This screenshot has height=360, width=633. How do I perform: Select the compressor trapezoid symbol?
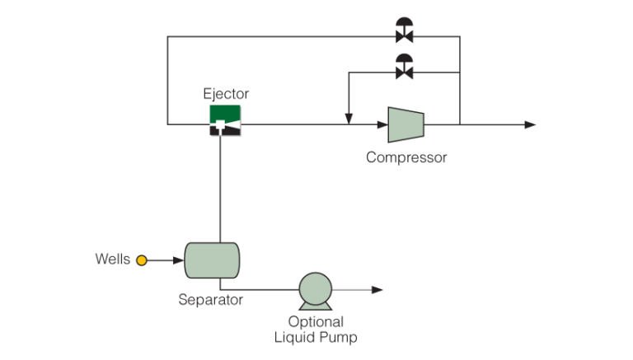[x=406, y=124]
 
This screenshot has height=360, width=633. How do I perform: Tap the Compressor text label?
[x=406, y=157]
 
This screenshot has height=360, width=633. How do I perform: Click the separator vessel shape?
[x=211, y=260]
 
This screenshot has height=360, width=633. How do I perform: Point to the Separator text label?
[x=211, y=300]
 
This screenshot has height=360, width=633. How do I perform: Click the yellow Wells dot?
[x=141, y=260]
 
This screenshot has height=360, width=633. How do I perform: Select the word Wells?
[x=112, y=260]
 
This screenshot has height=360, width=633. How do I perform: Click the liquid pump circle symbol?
[x=313, y=290]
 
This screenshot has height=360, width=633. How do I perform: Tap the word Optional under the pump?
[x=316, y=321]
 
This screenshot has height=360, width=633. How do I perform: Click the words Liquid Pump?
[x=316, y=337]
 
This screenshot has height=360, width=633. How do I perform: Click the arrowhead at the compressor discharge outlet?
[x=530, y=125]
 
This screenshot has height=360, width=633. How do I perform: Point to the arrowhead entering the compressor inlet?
[x=382, y=125]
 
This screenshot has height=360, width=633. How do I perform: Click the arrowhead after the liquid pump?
[x=378, y=290]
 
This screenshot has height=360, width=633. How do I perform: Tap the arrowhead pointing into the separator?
[x=178, y=260]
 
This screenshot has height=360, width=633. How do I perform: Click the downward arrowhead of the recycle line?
[x=349, y=119]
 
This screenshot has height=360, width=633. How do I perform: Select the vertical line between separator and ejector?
[x=221, y=189]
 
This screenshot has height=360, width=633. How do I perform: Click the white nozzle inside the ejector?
[x=222, y=126]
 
